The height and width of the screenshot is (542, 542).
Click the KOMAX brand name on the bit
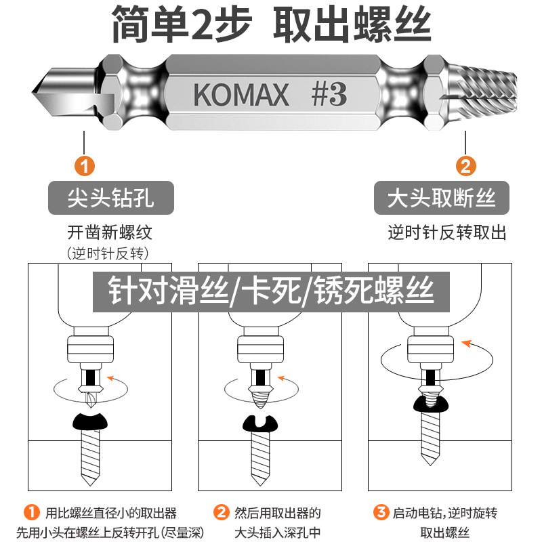(x=241, y=94)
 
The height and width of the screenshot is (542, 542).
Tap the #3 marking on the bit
(x=329, y=94)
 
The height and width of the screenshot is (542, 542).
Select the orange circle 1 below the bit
(x=84, y=166)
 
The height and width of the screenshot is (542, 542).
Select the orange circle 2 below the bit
(x=465, y=166)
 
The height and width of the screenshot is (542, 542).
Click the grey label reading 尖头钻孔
(x=111, y=198)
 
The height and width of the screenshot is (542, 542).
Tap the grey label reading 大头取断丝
(x=441, y=198)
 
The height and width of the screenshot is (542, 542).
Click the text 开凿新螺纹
(x=110, y=233)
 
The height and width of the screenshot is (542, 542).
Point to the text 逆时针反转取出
(x=446, y=233)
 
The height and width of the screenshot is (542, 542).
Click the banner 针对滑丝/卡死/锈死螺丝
(x=271, y=292)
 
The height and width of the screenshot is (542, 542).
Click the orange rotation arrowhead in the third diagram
(x=467, y=346)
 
